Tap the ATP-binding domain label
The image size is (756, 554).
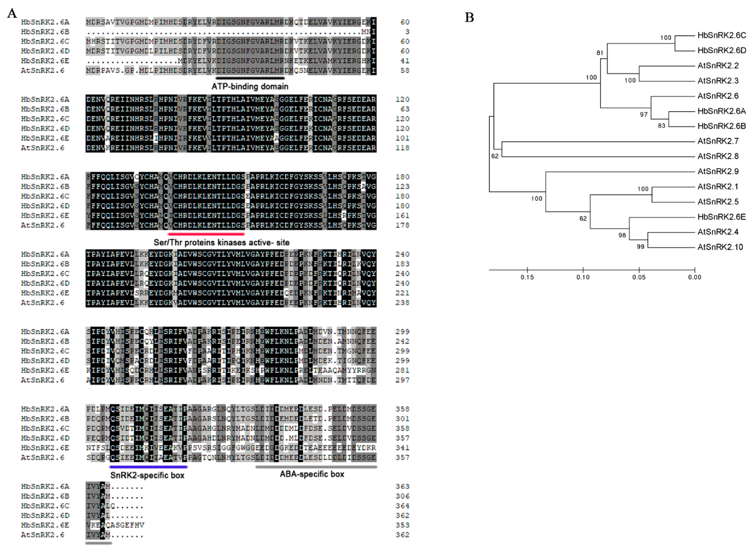[x=250, y=87]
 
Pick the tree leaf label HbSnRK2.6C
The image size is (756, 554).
[x=721, y=35]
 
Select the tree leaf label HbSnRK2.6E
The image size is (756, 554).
[x=721, y=217]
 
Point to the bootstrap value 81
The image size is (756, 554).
[x=600, y=53]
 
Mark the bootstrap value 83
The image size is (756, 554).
[x=661, y=126]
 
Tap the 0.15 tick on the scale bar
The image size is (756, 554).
[x=527, y=277]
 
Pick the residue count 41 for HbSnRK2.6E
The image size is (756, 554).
[x=405, y=61]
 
